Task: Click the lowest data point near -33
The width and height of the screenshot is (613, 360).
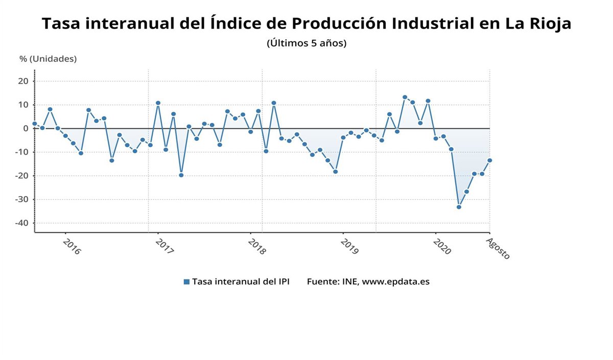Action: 459,207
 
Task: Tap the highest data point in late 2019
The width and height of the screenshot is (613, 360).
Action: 405,97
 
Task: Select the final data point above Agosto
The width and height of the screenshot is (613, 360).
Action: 489,160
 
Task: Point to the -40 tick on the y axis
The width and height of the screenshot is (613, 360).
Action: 23,223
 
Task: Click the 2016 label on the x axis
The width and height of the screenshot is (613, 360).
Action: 72,247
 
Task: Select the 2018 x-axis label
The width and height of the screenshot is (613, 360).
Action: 256,247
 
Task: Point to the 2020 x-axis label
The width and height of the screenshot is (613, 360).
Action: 441,247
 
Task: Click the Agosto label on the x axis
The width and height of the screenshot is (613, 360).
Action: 498,249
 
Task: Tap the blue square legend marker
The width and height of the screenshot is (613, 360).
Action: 186,282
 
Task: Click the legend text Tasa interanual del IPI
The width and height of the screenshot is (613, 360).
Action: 241,282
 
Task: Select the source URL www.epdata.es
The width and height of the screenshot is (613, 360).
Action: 396,282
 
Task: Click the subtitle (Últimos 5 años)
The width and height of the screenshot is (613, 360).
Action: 306,43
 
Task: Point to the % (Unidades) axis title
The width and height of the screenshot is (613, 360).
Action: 48,59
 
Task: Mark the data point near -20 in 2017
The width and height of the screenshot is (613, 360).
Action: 181,175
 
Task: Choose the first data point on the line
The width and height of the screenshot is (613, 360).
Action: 35,124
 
